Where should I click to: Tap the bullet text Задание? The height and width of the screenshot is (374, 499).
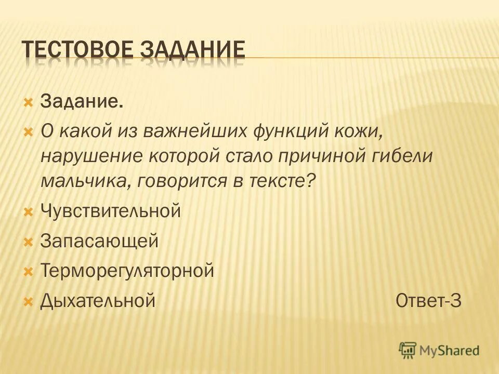click(82, 101)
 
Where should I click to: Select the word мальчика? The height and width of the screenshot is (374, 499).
click(81, 181)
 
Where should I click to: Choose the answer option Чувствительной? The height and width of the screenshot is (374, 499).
click(110, 211)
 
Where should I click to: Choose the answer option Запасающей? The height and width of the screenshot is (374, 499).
click(99, 241)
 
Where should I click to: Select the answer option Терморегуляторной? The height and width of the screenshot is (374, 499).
click(127, 271)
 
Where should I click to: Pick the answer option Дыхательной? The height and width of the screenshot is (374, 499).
click(98, 300)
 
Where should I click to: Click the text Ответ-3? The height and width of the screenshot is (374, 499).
click(428, 300)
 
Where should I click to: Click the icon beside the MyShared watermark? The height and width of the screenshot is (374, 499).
click(408, 350)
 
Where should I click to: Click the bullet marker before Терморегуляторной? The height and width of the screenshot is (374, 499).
click(29, 271)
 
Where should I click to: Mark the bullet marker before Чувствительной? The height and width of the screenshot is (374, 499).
click(29, 212)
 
